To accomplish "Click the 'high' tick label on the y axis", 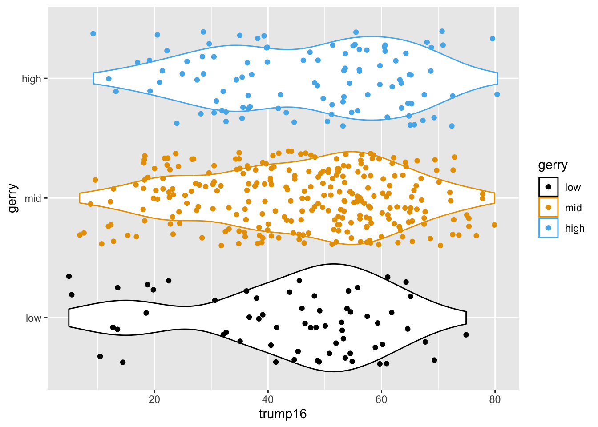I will click(31, 79).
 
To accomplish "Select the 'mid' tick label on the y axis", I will click(33, 198).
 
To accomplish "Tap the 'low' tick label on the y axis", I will click(33, 318).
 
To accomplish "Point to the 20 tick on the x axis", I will click(154, 399).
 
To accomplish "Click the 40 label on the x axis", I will click(268, 399).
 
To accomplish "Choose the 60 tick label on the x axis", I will click(381, 399).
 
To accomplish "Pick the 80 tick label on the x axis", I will click(495, 399).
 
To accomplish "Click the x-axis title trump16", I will click(283, 414).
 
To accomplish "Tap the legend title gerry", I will click(553, 165).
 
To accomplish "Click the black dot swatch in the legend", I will click(548, 187).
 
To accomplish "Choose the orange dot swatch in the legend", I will click(548, 207).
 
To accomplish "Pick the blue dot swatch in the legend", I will click(548, 228).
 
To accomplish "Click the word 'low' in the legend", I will click(573, 187).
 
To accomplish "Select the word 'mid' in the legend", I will click(573, 208).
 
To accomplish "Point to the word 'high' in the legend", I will click(574, 228).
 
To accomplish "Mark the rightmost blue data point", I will click(497, 94).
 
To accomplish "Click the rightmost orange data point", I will click(494, 225).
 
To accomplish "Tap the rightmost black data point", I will click(466, 335).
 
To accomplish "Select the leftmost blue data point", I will click(93, 34).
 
